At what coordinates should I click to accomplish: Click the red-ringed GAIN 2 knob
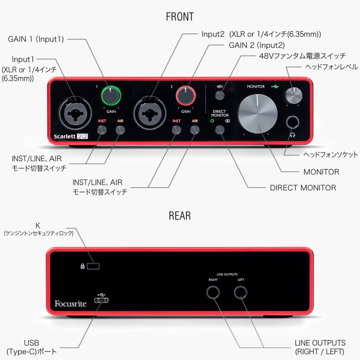(186, 96)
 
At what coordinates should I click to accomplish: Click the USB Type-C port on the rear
(100, 300)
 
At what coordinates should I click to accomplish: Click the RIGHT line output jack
(213, 293)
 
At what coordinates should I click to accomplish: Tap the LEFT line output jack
(241, 293)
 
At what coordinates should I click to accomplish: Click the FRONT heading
(180, 17)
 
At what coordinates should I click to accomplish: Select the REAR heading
(180, 216)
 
